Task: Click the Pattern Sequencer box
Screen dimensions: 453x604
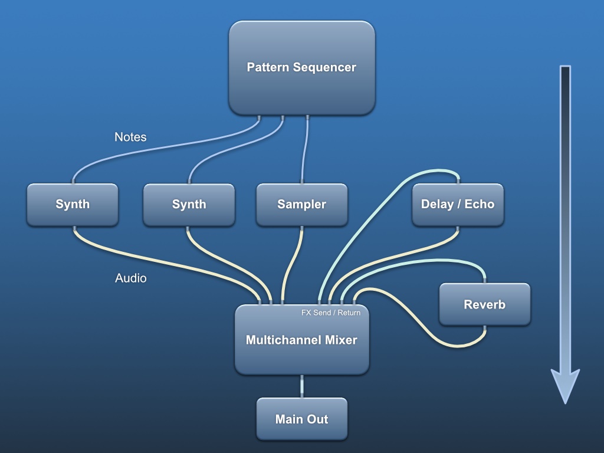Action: pyautogui.click(x=301, y=67)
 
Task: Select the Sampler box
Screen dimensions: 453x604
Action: pyautogui.click(x=301, y=204)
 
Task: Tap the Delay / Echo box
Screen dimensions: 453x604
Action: pyautogui.click(x=458, y=204)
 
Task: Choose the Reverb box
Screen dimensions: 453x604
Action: pyautogui.click(x=484, y=304)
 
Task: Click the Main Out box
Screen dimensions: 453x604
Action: pyautogui.click(x=301, y=419)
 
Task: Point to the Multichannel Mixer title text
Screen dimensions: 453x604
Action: pyautogui.click(x=301, y=340)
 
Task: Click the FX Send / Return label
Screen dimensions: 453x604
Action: pyautogui.click(x=330, y=313)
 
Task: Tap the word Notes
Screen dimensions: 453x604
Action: pyautogui.click(x=130, y=137)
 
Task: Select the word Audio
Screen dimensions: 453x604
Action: pyautogui.click(x=130, y=278)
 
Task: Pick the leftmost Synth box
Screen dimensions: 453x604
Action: pyautogui.click(x=73, y=204)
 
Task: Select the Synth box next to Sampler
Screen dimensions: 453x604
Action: pyautogui.click(x=189, y=204)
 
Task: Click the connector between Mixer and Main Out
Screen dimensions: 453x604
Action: pyautogui.click(x=302, y=386)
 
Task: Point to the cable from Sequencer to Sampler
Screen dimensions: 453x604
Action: pyautogui.click(x=304, y=150)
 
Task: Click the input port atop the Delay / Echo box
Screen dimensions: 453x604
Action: pyautogui.click(x=458, y=181)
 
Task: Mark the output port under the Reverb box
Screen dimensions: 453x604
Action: pyautogui.click(x=484, y=327)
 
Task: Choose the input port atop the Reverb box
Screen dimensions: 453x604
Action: pyautogui.click(x=484, y=281)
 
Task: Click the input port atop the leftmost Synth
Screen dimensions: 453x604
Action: pyautogui.click(x=73, y=181)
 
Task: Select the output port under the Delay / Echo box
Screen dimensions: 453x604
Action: pyautogui.click(x=458, y=228)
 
